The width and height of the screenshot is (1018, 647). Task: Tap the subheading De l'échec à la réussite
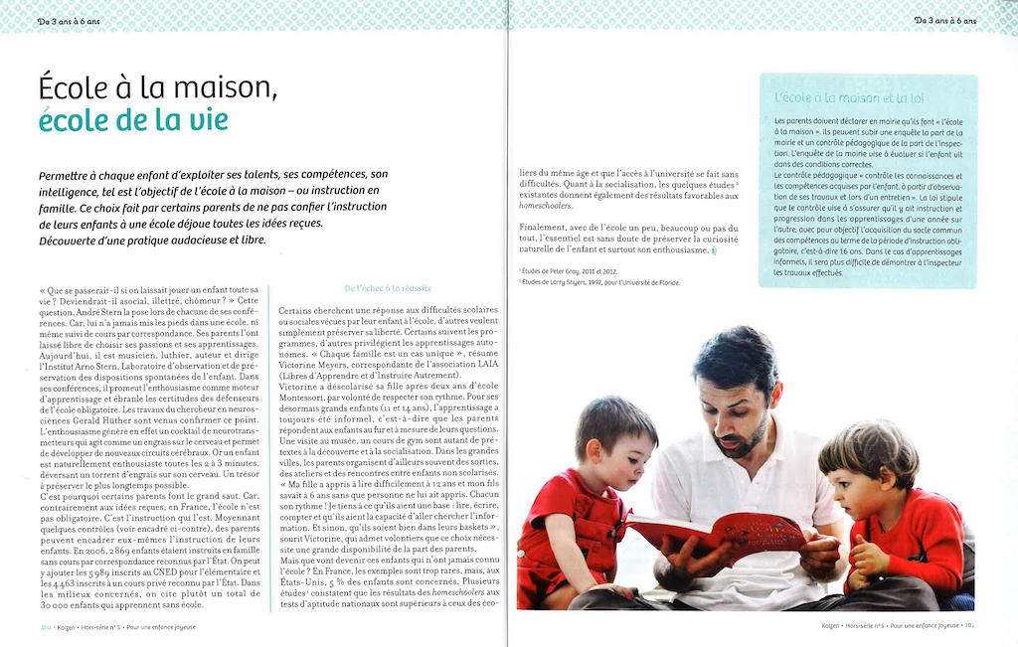388,288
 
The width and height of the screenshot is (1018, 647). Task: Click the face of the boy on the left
627,458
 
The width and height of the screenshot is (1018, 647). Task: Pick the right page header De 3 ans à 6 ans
945,20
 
